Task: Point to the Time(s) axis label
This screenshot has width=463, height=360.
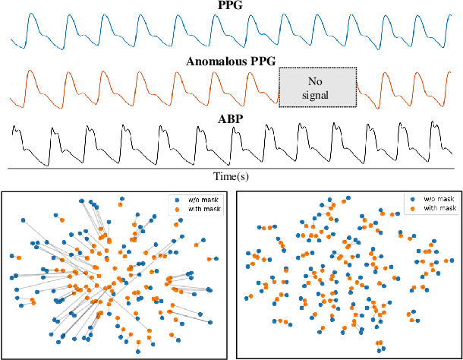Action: pos(231,175)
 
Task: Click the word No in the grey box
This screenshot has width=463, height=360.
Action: pos(317,81)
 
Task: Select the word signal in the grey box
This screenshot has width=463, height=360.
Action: pos(317,94)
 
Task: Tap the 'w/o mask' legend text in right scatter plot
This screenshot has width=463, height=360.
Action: pos(420,198)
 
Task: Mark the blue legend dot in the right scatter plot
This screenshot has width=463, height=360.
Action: pos(403,198)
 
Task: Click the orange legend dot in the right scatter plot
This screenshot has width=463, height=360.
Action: pos(403,208)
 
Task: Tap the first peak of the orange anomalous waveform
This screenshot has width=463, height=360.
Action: pos(32,73)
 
